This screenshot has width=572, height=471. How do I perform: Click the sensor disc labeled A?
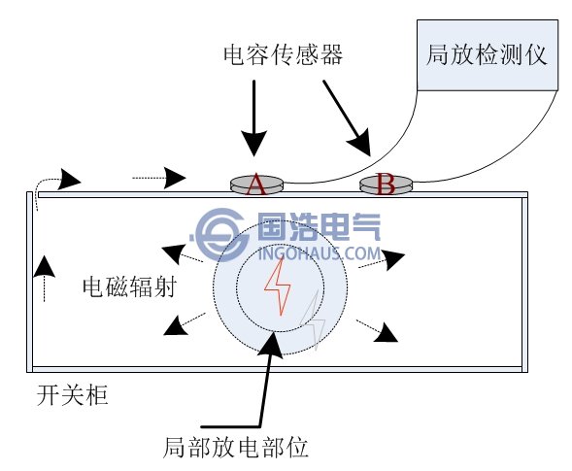[256, 183]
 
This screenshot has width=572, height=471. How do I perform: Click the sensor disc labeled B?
[386, 183]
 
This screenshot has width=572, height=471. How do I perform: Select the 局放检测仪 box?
[487, 53]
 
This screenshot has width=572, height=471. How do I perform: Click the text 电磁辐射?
[128, 288]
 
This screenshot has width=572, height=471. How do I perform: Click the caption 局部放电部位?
[236, 448]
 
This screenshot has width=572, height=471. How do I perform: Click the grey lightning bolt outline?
[313, 330]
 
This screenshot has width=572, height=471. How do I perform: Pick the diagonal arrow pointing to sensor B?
[347, 117]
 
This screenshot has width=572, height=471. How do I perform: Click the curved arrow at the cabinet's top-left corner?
[58, 180]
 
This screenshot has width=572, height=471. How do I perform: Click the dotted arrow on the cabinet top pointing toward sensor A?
[160, 177]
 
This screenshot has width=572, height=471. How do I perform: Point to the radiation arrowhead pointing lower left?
[175, 326]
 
